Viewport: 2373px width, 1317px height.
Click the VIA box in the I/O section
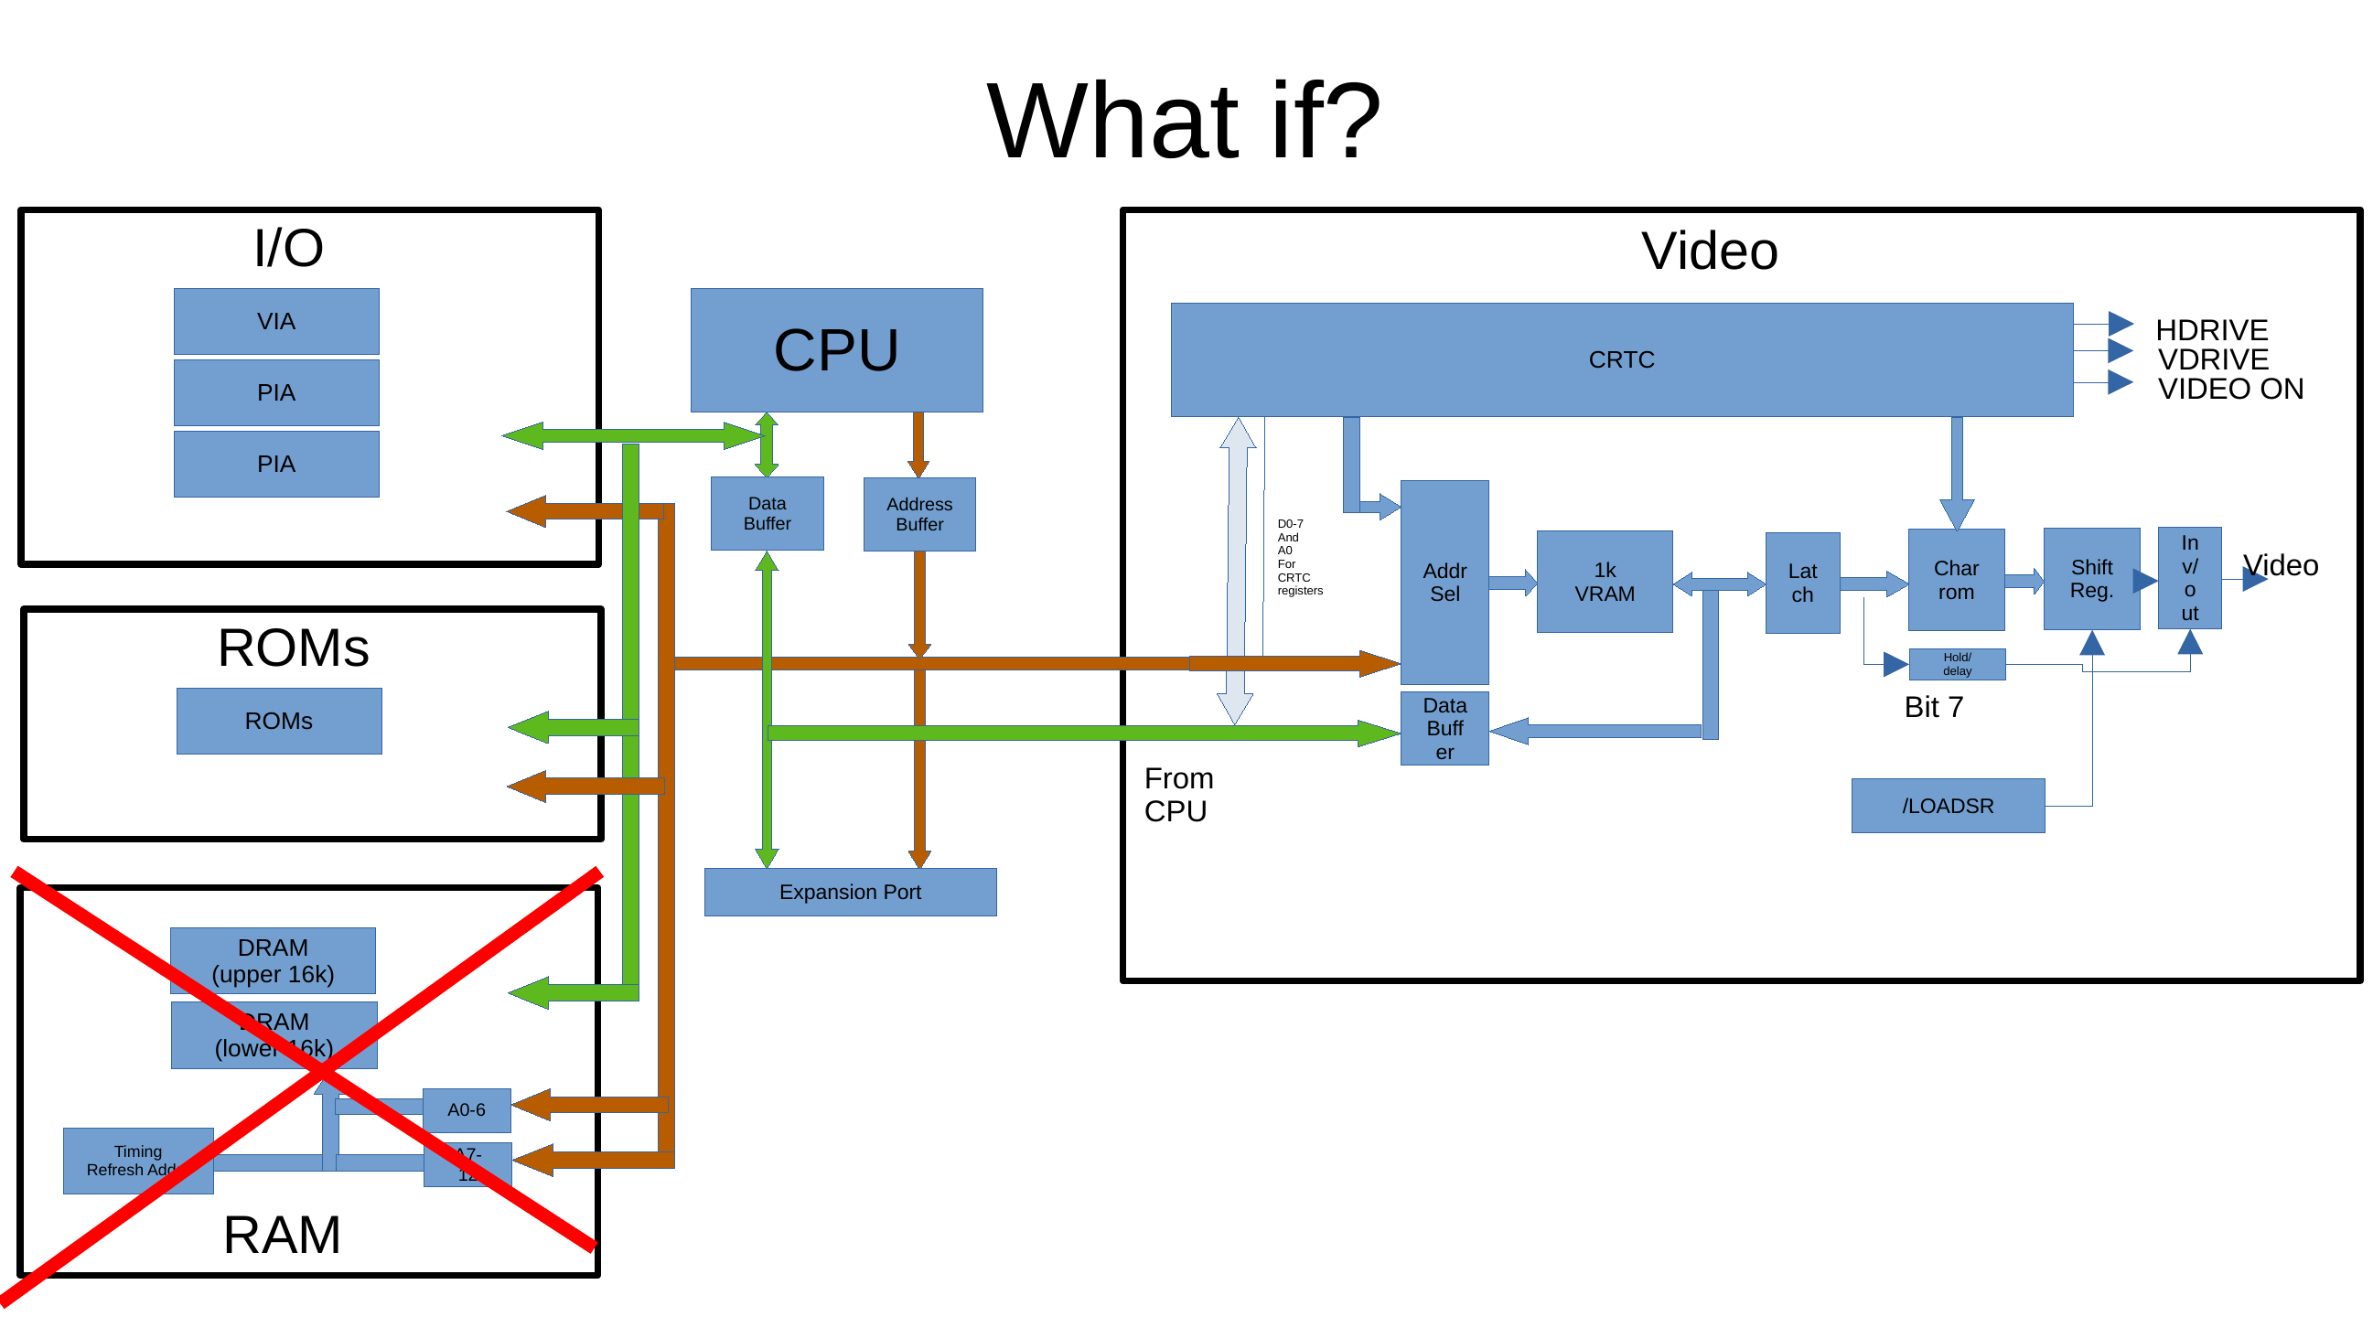[x=276, y=321]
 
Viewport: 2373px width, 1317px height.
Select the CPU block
[x=836, y=350]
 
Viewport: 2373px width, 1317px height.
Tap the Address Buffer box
[x=919, y=514]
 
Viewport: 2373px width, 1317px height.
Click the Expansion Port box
[x=850, y=892]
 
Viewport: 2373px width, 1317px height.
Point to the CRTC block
[x=1621, y=359]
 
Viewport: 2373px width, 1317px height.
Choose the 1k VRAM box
[x=1605, y=581]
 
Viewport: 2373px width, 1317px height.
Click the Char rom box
[x=1956, y=580]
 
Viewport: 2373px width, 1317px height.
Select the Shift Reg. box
[x=2091, y=578]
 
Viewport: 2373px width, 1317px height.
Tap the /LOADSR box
[x=1948, y=806]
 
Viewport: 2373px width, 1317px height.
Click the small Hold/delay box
[x=1957, y=664]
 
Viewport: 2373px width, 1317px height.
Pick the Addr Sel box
[x=1444, y=582]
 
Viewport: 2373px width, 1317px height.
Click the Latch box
[x=1802, y=583]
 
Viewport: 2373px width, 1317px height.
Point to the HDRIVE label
[x=2211, y=330]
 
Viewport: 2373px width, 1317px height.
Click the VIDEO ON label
[x=2230, y=389]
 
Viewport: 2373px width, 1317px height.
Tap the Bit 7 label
[x=1934, y=706]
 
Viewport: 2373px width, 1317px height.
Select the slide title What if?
[x=1184, y=122]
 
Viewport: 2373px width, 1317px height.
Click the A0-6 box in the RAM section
[x=467, y=1109]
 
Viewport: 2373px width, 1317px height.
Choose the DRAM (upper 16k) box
[x=273, y=960]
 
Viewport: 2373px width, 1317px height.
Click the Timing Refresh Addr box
[x=138, y=1161]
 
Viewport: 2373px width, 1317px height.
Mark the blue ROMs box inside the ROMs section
[x=279, y=721]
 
